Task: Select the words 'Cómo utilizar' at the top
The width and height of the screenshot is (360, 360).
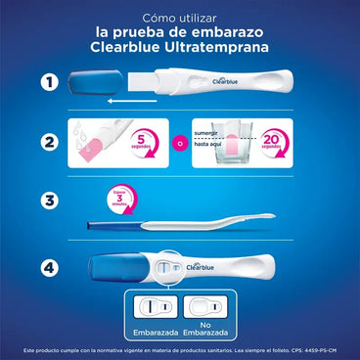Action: click(x=179, y=18)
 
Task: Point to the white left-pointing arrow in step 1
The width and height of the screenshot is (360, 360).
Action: click(x=147, y=99)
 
